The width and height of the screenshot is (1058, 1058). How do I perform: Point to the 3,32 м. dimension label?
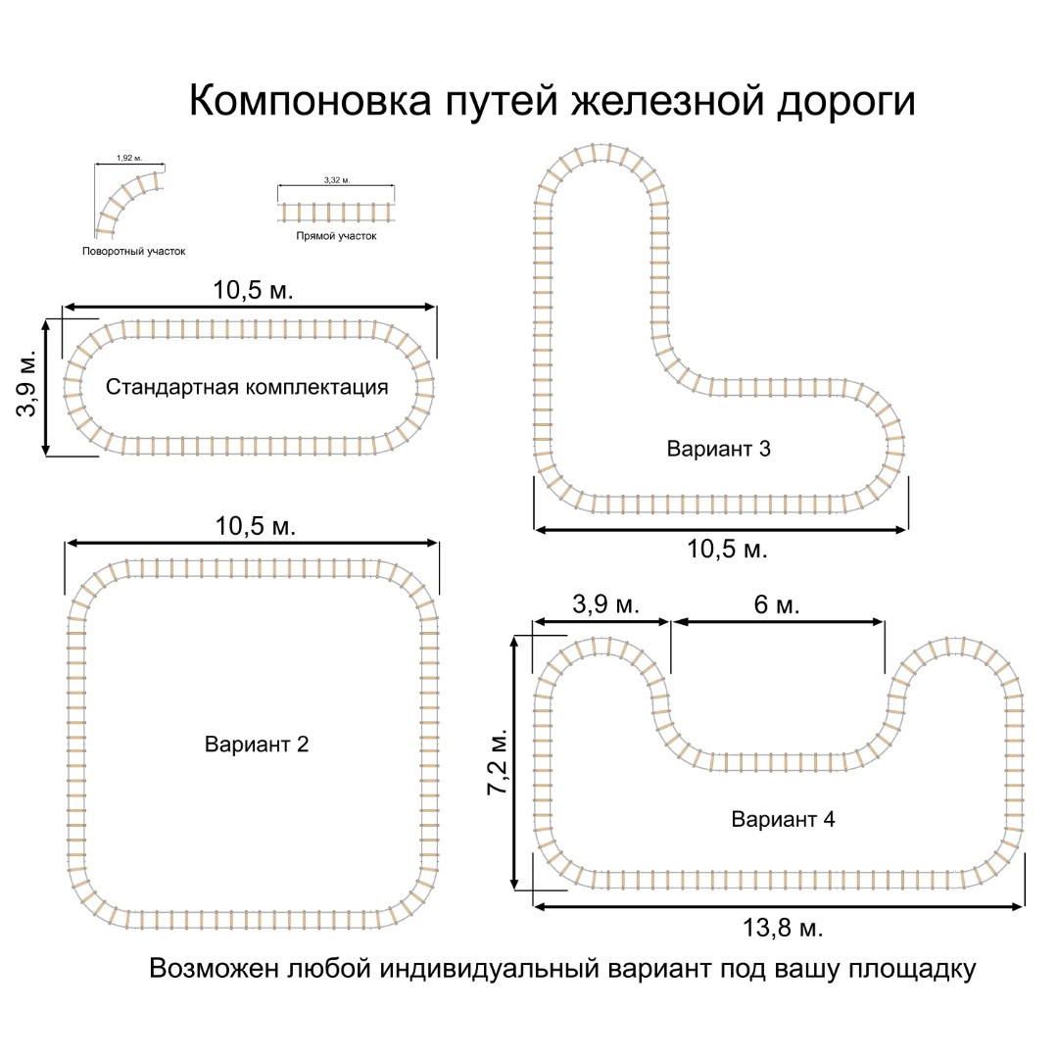336,180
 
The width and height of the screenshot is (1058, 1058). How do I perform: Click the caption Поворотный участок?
134,252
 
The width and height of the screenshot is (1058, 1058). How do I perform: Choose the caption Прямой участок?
336,236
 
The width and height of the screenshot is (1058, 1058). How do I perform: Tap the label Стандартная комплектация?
247,387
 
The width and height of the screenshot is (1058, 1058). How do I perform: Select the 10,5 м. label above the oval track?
254,290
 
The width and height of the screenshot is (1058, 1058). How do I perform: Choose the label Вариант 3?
719,450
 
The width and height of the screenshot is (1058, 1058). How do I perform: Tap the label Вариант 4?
783,819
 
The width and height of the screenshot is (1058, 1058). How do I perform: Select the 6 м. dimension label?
777,605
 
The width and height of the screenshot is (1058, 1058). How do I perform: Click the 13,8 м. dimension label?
783,927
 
